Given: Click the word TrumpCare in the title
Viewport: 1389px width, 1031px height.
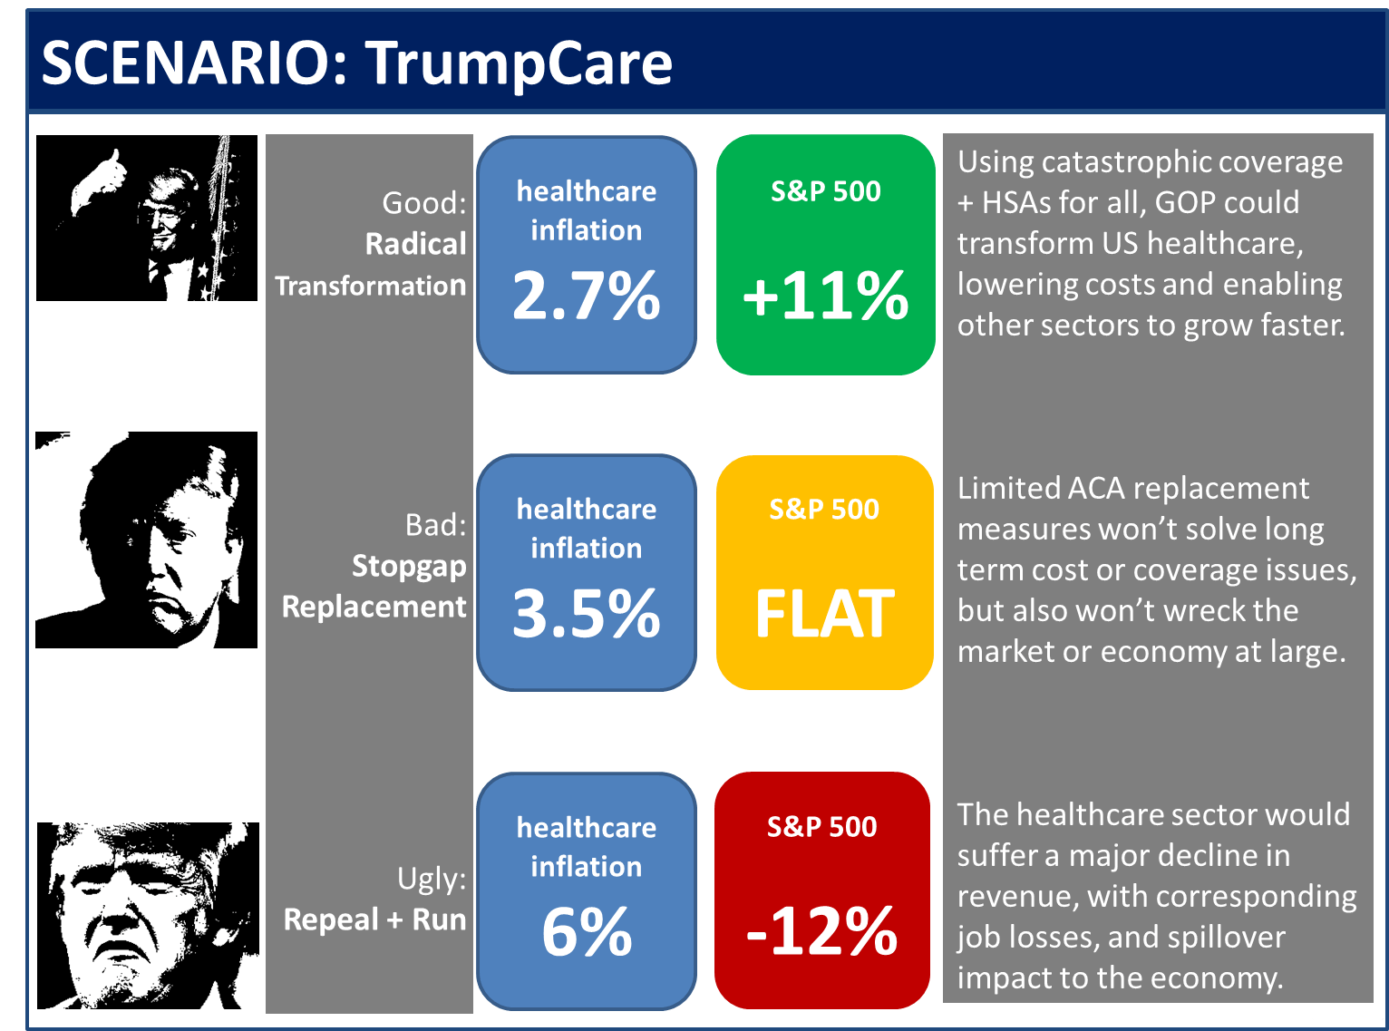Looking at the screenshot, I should (x=519, y=63).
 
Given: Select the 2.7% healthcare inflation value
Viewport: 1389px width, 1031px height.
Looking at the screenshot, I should (x=587, y=296).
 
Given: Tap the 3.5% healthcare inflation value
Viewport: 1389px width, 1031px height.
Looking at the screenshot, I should (x=587, y=614).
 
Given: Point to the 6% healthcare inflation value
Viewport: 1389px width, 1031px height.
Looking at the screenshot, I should (x=587, y=932).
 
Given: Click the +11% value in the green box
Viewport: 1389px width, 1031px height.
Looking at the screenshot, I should (x=825, y=296).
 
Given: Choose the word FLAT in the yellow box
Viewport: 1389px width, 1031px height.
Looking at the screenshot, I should (x=824, y=614).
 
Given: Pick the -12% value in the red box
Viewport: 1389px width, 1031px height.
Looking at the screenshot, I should (x=821, y=932).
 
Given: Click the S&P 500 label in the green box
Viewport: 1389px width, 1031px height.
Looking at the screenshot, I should (x=825, y=191).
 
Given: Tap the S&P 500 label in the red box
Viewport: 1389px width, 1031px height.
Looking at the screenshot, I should (x=821, y=827).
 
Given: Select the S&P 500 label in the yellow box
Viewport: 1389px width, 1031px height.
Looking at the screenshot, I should (x=824, y=510).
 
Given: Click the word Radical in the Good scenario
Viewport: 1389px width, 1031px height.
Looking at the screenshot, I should (x=415, y=244).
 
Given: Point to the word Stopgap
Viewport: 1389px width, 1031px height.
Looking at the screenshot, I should (x=409, y=566).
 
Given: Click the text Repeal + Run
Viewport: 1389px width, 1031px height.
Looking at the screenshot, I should (x=374, y=919).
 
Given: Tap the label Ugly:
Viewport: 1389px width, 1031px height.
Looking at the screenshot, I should (x=432, y=879).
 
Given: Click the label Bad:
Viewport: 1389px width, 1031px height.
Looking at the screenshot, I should (x=435, y=525).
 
